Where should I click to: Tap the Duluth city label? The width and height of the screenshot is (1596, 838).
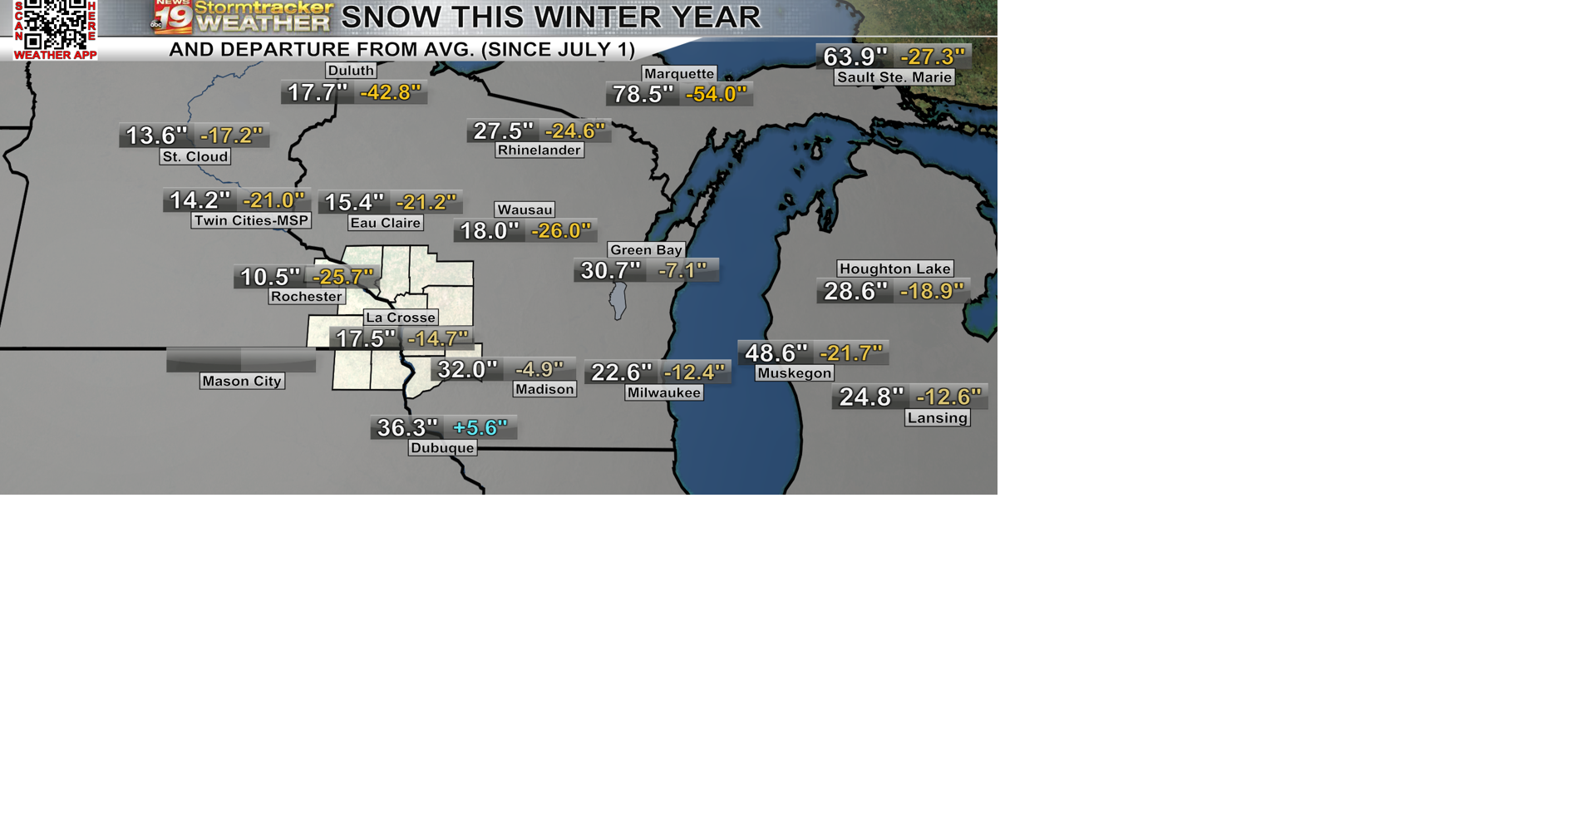click(x=351, y=71)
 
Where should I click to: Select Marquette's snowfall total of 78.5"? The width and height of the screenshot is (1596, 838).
click(x=643, y=94)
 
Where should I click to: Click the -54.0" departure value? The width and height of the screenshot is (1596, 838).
click(x=716, y=94)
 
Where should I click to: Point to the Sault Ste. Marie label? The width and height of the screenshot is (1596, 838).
click(x=894, y=77)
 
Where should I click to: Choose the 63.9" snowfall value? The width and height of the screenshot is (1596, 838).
click(x=855, y=57)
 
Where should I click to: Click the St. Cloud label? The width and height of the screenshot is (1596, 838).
click(x=195, y=156)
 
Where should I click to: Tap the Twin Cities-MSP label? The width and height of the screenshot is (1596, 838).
click(x=251, y=220)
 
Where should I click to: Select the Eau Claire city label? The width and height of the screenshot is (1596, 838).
click(x=386, y=223)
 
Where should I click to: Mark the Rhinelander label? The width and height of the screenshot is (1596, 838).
click(x=539, y=150)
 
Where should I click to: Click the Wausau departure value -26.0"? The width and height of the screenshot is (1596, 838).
click(x=561, y=230)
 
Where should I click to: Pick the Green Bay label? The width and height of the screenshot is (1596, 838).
click(x=646, y=249)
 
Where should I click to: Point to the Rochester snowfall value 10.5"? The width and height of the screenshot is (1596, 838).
click(x=269, y=277)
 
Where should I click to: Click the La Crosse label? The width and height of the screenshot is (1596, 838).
click(x=401, y=318)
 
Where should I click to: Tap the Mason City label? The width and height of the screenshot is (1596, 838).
click(x=242, y=381)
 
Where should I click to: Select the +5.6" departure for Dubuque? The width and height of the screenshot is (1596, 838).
click(x=480, y=427)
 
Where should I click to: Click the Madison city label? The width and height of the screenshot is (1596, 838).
click(x=544, y=389)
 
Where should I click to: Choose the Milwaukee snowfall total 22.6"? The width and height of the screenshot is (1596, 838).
click(x=621, y=372)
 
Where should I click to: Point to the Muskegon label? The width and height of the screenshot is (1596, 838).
click(x=795, y=373)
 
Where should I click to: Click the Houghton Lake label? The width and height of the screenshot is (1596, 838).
click(x=894, y=269)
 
